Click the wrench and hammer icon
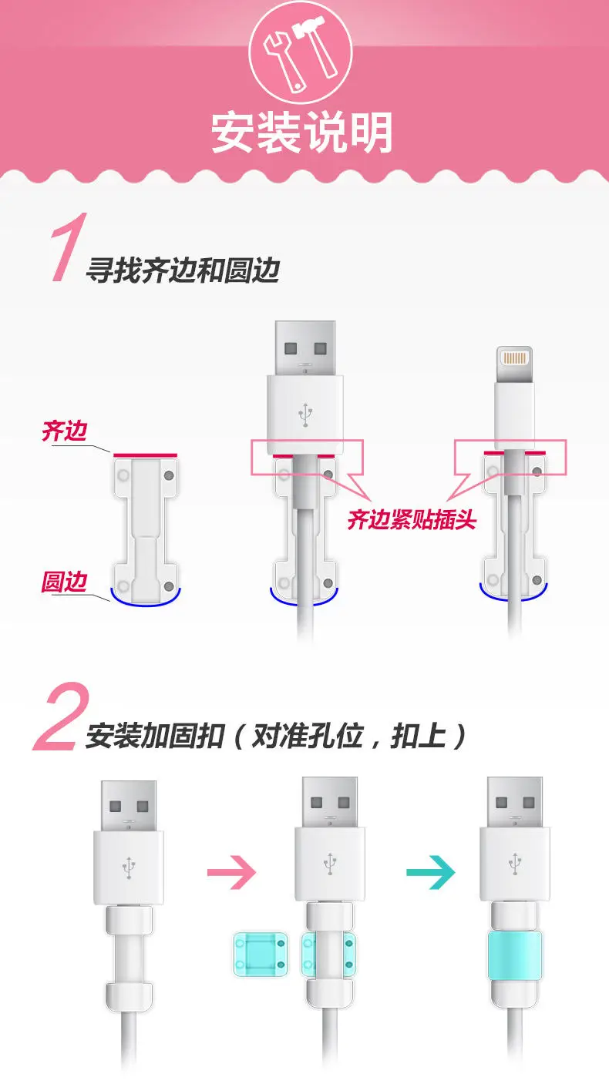click(301, 53)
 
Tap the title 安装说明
click(301, 133)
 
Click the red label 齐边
click(65, 431)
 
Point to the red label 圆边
click(65, 581)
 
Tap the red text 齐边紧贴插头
click(412, 520)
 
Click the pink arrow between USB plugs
click(232, 872)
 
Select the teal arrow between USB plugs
click(431, 872)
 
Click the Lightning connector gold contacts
click(514, 357)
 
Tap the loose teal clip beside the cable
click(261, 953)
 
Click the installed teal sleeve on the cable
click(515, 955)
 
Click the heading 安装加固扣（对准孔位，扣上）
click(276, 736)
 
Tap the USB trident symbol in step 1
click(305, 414)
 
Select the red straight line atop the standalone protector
click(145, 455)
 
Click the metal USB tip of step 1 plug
click(305, 347)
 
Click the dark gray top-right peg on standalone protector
click(169, 475)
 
